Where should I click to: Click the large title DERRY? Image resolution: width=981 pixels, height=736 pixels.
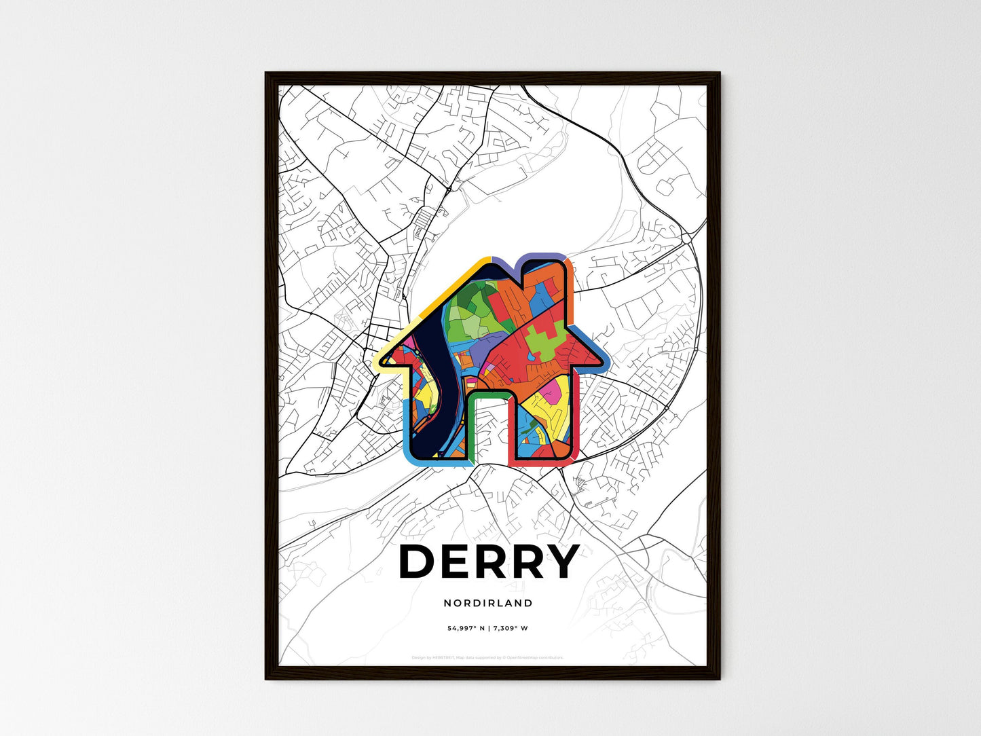point(489,562)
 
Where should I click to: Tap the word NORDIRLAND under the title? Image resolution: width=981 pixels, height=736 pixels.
point(488,603)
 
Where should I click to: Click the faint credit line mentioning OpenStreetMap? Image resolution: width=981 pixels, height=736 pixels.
point(487,657)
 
